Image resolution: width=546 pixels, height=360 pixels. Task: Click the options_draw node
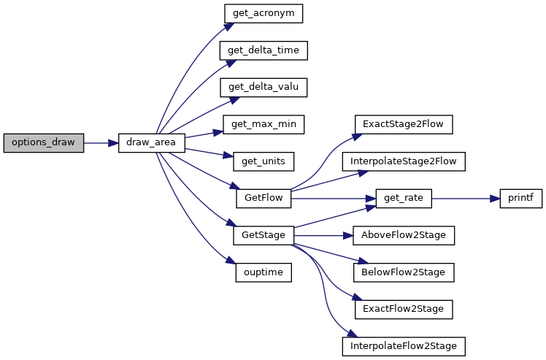point(44,143)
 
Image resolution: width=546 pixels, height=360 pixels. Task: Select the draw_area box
point(152,143)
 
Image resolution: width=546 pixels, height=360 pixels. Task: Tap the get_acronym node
point(264,14)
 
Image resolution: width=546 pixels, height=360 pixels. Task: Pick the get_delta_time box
point(264,50)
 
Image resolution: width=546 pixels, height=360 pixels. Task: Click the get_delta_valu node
point(264,88)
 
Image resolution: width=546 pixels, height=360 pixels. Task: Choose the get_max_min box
point(264,124)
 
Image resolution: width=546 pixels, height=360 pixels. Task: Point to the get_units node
point(264,161)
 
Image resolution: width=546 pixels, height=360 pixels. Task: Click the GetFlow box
point(264,199)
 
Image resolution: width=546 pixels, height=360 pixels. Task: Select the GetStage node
point(264,236)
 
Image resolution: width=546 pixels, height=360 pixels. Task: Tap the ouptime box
point(264,272)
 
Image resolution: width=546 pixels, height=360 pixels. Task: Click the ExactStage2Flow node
point(404,124)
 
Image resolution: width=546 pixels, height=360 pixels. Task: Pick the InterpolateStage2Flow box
point(404,161)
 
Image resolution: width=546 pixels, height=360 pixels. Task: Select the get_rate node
point(404,199)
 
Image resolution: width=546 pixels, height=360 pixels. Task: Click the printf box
point(521,199)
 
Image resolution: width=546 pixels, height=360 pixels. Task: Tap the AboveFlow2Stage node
point(404,236)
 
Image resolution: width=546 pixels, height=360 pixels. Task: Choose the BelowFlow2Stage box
point(404,272)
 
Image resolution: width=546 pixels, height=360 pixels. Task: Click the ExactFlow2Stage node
point(404,310)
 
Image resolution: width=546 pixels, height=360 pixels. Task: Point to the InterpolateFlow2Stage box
point(404,346)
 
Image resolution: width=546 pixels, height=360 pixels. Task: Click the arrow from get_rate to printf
point(466,199)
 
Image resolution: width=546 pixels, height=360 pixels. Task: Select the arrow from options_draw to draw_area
point(101,143)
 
